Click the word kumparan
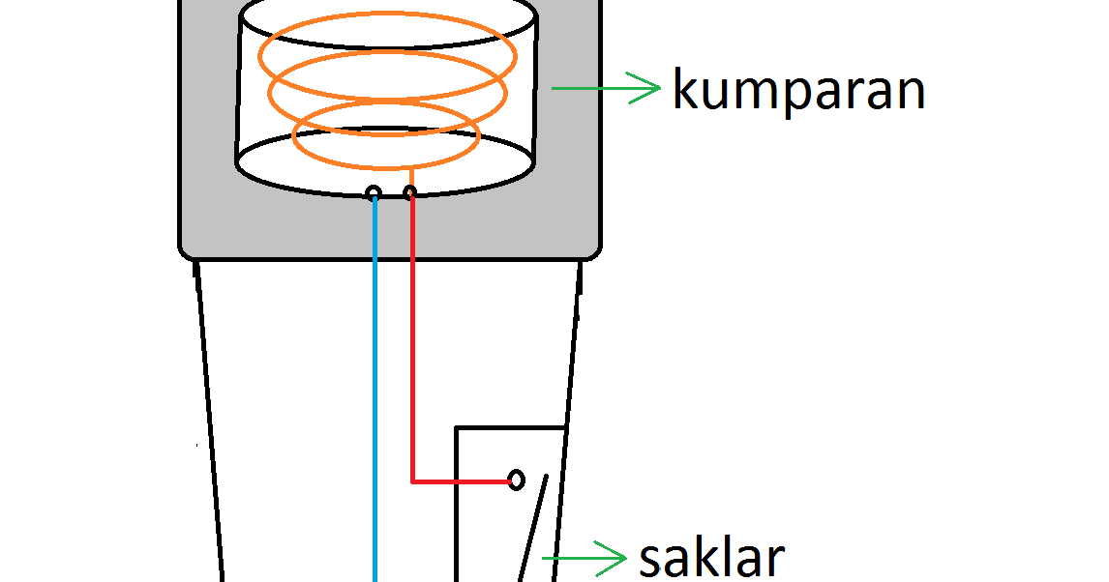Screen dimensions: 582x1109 (x=798, y=90)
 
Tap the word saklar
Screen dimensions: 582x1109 (x=711, y=558)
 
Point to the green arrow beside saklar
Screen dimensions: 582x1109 (x=584, y=557)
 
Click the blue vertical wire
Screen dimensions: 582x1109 (x=375, y=387)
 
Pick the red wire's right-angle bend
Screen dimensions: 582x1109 (x=413, y=480)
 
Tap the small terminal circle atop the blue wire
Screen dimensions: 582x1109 (x=374, y=193)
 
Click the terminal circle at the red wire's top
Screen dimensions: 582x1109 (x=410, y=193)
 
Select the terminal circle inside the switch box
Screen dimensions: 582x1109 (x=517, y=480)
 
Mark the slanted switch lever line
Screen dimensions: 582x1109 (x=533, y=527)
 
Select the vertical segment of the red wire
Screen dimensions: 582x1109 (x=412, y=338)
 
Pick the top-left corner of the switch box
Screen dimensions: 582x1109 (x=458, y=427)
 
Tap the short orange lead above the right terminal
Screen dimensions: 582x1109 (x=410, y=177)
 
